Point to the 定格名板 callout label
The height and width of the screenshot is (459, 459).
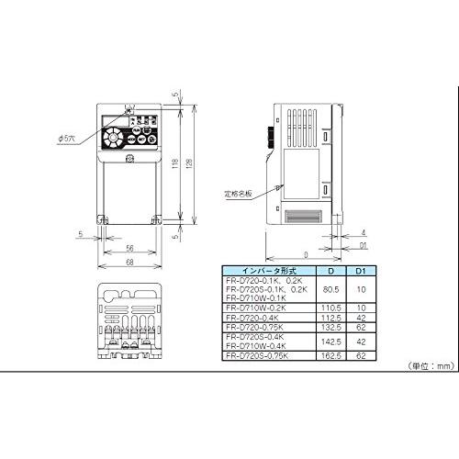(236, 195)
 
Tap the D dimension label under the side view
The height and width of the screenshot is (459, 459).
(306, 256)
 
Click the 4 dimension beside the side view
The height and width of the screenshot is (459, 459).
(365, 231)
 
